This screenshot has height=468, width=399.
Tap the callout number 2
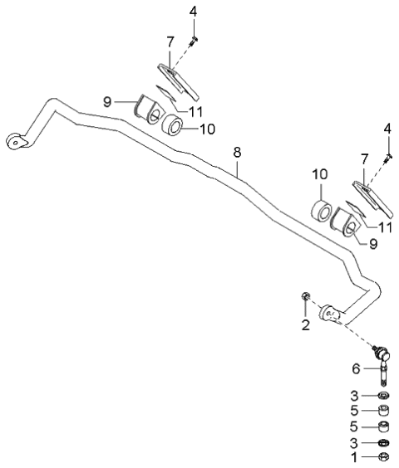(305, 324)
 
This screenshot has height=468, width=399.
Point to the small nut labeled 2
(306, 297)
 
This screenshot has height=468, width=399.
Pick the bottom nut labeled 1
(384, 456)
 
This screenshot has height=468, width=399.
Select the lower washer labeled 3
(384, 442)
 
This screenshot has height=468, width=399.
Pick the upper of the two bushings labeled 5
(384, 411)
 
